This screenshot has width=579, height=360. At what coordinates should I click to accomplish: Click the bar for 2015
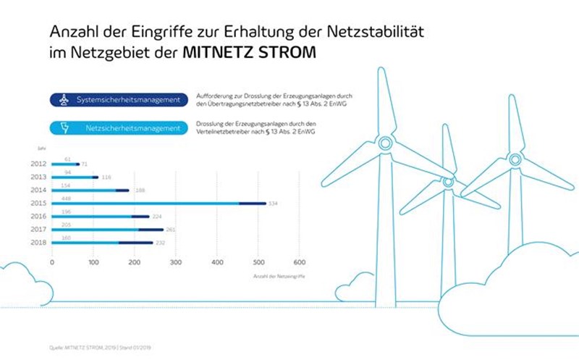pyautogui.click(x=159, y=204)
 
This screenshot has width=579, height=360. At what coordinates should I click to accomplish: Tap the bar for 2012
pyautogui.click(x=66, y=164)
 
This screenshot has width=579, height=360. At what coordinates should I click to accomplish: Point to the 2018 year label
pyautogui.click(x=40, y=243)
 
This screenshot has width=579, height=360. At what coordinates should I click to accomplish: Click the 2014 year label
pyautogui.click(x=40, y=191)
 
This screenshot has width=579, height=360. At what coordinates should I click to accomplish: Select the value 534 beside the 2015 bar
pyautogui.click(x=274, y=204)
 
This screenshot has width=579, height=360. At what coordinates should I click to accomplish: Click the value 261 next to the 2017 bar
pyautogui.click(x=191, y=230)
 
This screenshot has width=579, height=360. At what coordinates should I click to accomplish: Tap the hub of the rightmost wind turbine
pyautogui.click(x=515, y=159)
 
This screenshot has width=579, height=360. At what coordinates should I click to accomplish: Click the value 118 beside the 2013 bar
pyautogui.click(x=107, y=177)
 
